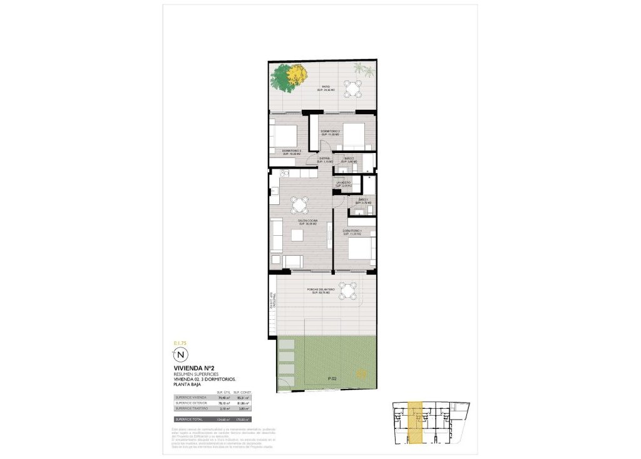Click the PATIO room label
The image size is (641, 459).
[x=326, y=87]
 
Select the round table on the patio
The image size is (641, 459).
[x=354, y=88]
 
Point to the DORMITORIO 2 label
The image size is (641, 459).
[x=330, y=131]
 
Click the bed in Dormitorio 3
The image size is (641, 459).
[x=285, y=136]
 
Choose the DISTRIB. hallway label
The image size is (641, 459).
[x=326, y=159]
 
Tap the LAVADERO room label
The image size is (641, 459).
[x=344, y=183]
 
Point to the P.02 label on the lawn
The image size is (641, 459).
[x=332, y=379]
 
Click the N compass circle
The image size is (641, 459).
[x=180, y=354]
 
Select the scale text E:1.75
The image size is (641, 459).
[x=180, y=343]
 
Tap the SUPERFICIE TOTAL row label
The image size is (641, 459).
[x=190, y=419]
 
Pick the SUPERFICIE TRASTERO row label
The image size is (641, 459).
[x=192, y=408]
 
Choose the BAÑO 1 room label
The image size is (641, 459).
[x=364, y=201]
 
